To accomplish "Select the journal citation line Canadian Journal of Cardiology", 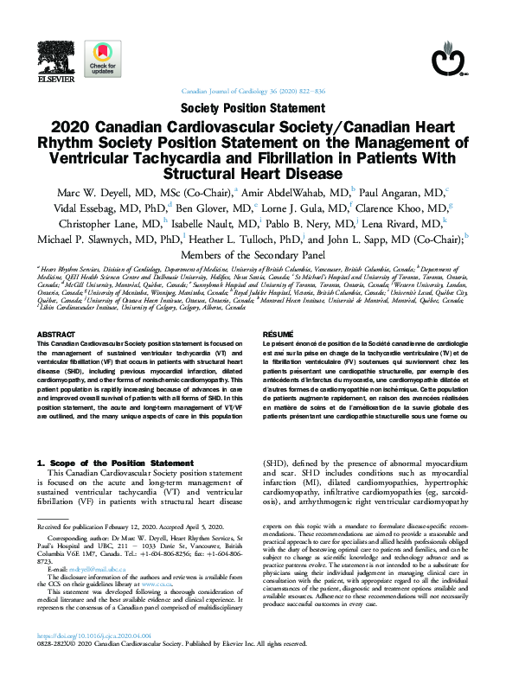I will (253, 91).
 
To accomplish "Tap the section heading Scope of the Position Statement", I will (109, 463).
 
